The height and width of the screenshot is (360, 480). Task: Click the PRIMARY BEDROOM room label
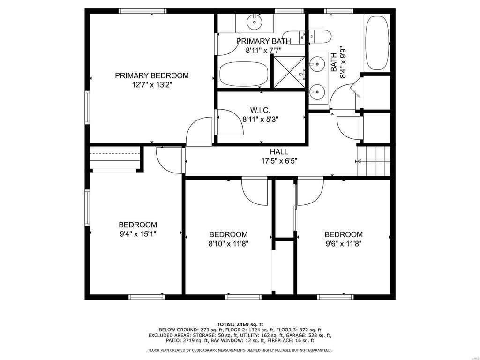coord(152,75)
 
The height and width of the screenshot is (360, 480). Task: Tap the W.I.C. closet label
coord(260,110)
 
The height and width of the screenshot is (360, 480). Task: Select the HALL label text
coord(279,151)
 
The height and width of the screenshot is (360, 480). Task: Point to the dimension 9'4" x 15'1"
coord(138,234)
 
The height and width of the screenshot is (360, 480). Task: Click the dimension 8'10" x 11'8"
coord(228,244)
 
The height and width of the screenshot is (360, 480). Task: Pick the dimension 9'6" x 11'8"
coord(344,244)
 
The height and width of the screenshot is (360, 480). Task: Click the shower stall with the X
coord(289,72)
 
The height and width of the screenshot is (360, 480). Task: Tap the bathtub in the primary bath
coord(244,74)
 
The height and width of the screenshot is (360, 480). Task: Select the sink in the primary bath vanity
coord(255,22)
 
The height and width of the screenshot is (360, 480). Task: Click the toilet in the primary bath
coord(293,37)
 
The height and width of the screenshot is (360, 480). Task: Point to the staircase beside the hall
coord(374,161)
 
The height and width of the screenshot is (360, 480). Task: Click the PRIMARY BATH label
coord(263,41)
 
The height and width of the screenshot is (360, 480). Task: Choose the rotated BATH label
coord(334,62)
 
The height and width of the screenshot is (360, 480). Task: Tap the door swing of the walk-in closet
coord(230,122)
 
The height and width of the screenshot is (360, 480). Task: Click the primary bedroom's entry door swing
coord(199,130)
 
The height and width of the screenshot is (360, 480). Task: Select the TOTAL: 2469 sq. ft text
coord(240,324)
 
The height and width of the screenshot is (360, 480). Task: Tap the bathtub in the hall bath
coord(377,43)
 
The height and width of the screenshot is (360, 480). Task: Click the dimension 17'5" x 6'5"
coord(279,161)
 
